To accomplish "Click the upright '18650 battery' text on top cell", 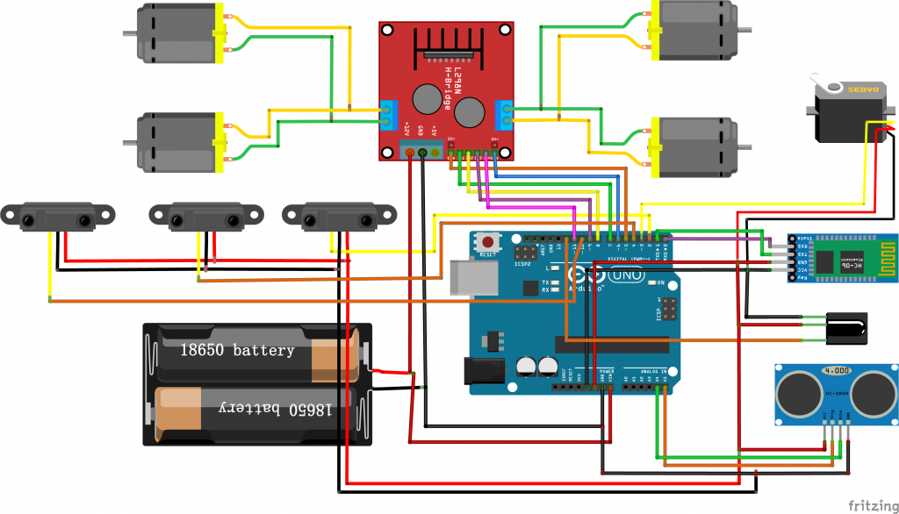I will (237, 350).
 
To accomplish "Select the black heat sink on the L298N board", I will (448, 39).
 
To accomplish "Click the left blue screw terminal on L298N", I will (387, 115).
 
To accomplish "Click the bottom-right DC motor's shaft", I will (744, 147).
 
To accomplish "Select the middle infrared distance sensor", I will (206, 217).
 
